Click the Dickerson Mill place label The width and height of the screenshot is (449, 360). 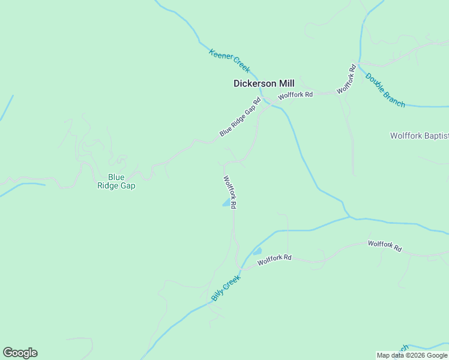(264, 84)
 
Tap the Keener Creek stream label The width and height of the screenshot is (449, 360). (229, 61)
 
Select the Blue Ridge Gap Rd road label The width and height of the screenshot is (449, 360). (240, 117)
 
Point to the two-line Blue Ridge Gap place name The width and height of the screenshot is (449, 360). (116, 181)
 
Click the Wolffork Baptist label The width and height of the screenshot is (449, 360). (419, 136)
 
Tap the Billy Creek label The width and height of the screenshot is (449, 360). (226, 288)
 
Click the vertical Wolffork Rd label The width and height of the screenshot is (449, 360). (230, 191)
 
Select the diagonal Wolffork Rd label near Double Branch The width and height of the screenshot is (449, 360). (346, 79)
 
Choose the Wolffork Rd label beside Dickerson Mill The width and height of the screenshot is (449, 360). (295, 95)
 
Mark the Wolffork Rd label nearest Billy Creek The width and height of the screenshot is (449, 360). (274, 259)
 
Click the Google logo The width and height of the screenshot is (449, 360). (20, 353)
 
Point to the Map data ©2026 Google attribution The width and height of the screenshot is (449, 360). (412, 355)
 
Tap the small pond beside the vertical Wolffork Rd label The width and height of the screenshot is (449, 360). (226, 204)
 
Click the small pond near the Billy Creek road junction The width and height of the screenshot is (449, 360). (258, 251)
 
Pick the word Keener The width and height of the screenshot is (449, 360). (219, 55)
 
